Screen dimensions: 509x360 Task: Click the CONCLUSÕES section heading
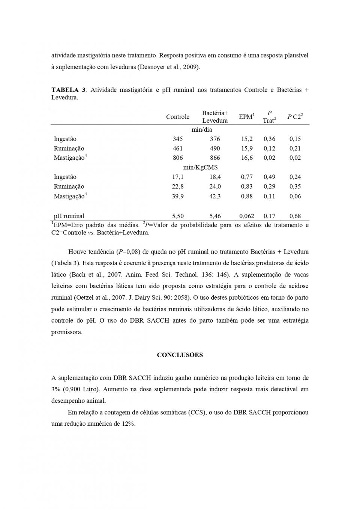coord(180,355)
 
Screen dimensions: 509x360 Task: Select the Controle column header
coord(177,117)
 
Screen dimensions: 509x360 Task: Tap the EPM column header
coord(246,117)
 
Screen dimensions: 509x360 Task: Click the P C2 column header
coord(295,117)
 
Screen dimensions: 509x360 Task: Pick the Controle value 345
coord(177,139)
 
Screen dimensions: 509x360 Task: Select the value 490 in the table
coord(215,149)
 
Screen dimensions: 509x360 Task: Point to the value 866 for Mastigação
coord(215,158)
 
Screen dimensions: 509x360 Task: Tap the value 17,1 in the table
coord(177,177)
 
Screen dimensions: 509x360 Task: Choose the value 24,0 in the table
coord(215,186)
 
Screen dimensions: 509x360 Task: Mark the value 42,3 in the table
coord(215,196)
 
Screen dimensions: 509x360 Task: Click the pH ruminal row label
coord(69,216)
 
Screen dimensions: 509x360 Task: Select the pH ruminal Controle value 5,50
coord(177,216)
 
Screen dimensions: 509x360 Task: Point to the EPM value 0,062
coord(246,216)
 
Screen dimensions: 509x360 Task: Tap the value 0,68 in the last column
coord(295,216)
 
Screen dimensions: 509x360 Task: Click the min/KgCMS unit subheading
coord(202,167)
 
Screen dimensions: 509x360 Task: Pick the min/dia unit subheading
coord(202,130)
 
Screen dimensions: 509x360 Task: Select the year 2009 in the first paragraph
coord(191,67)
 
